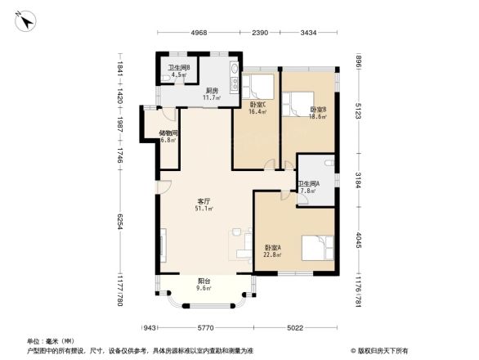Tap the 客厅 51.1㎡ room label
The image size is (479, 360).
click(x=204, y=205)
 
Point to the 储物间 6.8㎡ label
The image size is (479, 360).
click(x=168, y=136)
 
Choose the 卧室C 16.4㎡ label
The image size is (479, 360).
click(x=257, y=108)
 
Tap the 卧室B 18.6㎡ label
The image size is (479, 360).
click(x=318, y=113)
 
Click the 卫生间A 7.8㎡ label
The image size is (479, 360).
click(x=308, y=187)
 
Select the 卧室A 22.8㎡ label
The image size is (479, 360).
click(x=272, y=250)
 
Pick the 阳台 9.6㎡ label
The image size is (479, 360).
click(x=204, y=284)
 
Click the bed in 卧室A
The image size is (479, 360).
click(x=316, y=247)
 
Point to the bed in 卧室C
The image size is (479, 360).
click(x=262, y=86)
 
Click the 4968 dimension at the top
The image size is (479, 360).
click(x=199, y=33)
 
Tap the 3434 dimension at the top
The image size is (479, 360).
click(x=308, y=33)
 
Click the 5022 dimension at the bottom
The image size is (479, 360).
click(x=295, y=328)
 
